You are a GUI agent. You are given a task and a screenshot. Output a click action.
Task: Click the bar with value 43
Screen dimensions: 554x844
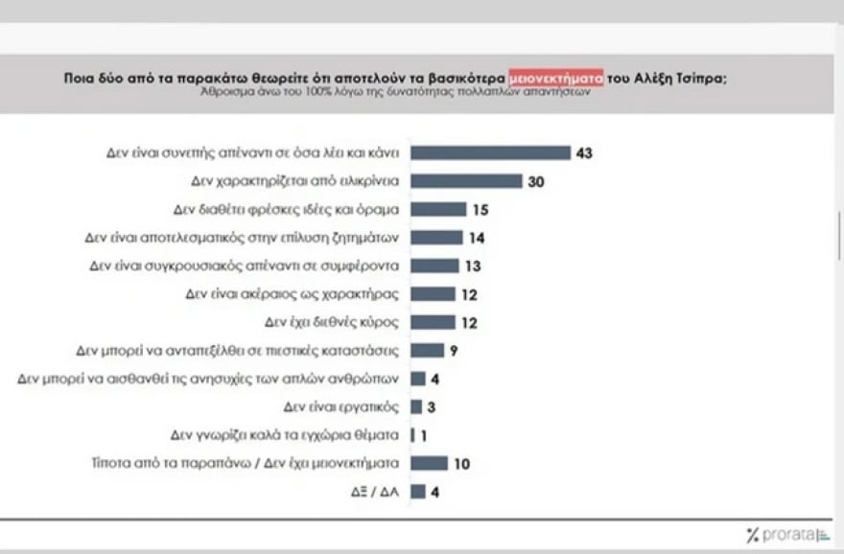point(490,152)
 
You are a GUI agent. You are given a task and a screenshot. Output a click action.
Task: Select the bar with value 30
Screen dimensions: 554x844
point(466,181)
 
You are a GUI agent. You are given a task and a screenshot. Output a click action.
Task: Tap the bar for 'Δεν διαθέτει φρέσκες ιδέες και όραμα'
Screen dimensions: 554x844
point(438,209)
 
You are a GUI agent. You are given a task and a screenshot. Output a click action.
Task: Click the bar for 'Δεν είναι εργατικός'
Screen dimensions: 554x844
point(416,406)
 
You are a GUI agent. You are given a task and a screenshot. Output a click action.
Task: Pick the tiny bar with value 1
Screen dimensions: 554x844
point(412,435)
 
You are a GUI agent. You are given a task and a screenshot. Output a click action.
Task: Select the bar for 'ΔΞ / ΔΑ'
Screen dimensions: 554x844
point(417,492)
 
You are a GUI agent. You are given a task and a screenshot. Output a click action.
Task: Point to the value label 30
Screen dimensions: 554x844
point(536,181)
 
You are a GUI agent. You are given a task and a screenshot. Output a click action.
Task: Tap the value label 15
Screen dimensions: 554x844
point(481,209)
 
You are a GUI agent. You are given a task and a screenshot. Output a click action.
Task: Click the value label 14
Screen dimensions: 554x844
point(478,237)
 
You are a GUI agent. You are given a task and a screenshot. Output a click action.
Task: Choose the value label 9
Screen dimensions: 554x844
point(454,350)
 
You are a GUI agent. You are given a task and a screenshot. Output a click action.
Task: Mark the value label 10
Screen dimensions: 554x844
point(462,464)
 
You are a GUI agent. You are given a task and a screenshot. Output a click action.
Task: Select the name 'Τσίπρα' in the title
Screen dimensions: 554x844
point(703,79)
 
